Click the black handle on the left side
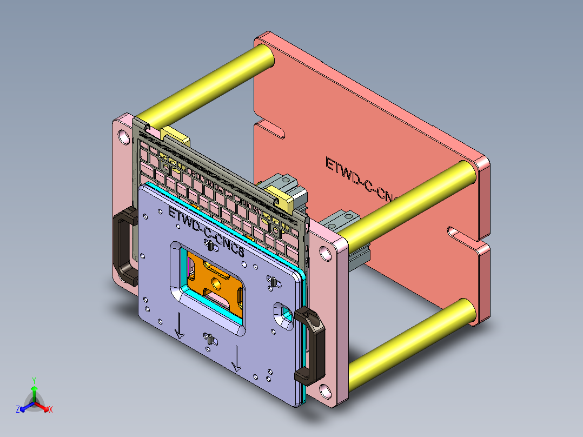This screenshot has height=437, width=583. (x=123, y=247)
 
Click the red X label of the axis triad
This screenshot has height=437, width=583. (x=51, y=410)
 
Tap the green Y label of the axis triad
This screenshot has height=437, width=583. (x=34, y=380)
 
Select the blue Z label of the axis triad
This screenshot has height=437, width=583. (x=18, y=410)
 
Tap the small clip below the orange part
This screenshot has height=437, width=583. (x=208, y=340)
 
